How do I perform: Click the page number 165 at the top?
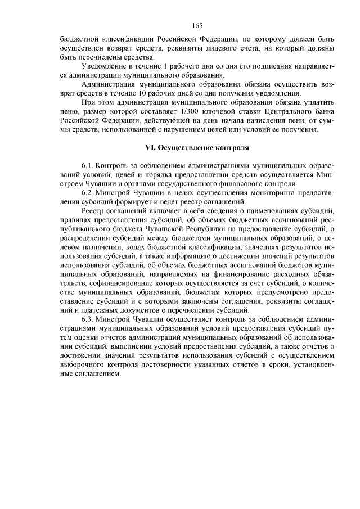[x=196, y=26]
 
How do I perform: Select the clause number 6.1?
[x=88, y=167]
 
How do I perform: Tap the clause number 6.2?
[x=88, y=192]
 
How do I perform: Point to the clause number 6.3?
[x=88, y=318]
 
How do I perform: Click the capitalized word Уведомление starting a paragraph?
[x=105, y=67]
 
